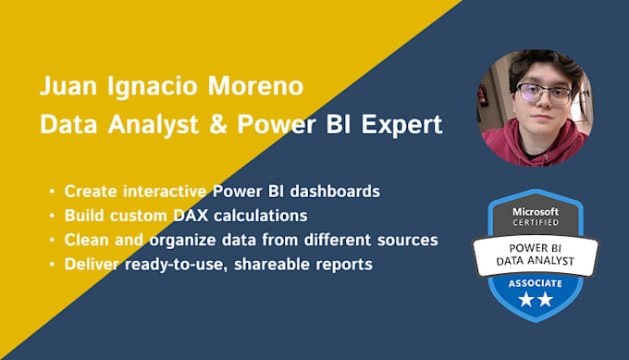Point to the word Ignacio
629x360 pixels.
150,90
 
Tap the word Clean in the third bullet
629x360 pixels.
88,240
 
